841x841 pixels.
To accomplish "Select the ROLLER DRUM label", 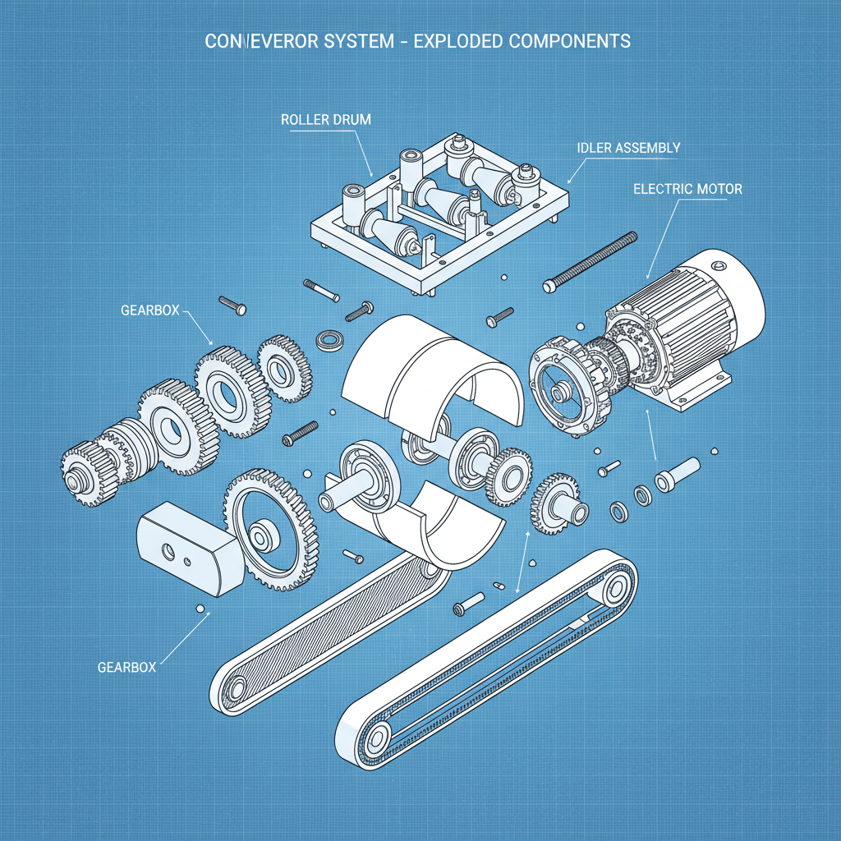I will (x=325, y=120).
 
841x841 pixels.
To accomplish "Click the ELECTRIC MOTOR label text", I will (x=687, y=189).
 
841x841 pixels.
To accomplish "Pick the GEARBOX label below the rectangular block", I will (x=126, y=667).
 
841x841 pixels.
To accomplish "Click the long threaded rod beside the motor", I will (x=591, y=261).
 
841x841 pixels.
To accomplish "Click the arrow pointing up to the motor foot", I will (x=653, y=435).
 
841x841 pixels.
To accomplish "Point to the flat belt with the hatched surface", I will (x=329, y=624).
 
